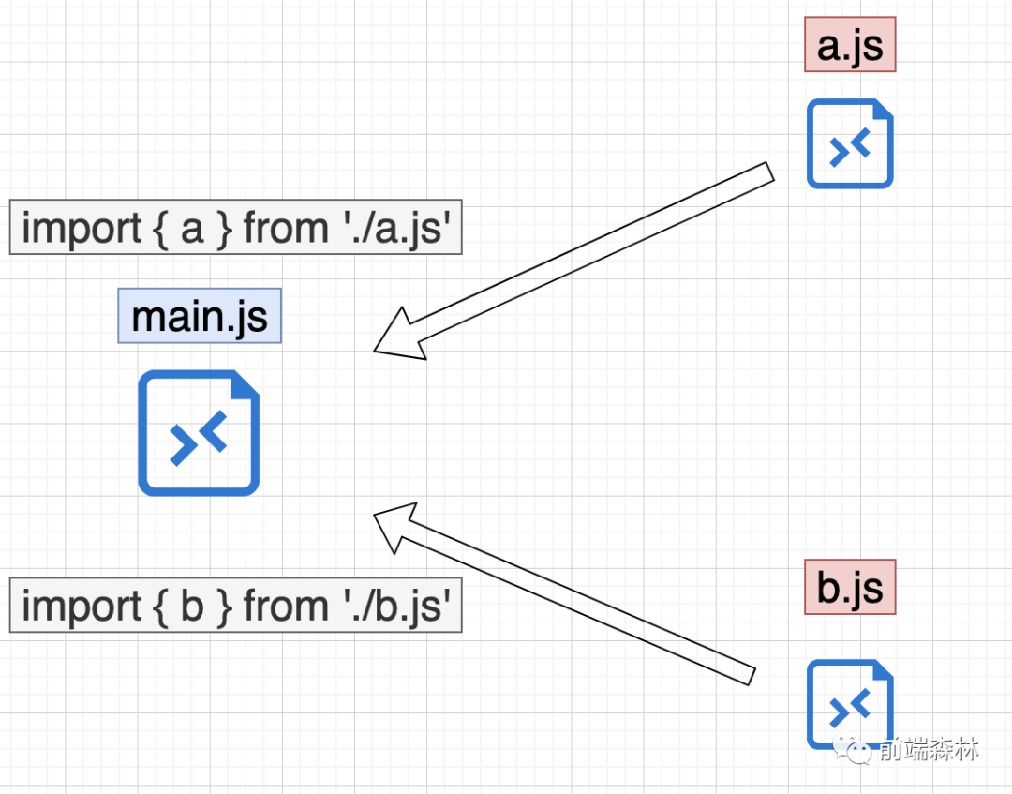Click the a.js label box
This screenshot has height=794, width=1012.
[x=850, y=45]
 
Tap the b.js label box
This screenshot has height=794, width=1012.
[x=850, y=587]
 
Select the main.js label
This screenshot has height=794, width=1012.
[x=200, y=316]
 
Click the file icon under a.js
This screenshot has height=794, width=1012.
[x=850, y=143]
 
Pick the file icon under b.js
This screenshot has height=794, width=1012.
[x=850, y=704]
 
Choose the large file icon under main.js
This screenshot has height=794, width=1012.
[x=199, y=432]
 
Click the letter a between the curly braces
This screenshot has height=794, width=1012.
[x=192, y=228]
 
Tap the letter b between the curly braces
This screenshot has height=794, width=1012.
[x=192, y=606]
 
